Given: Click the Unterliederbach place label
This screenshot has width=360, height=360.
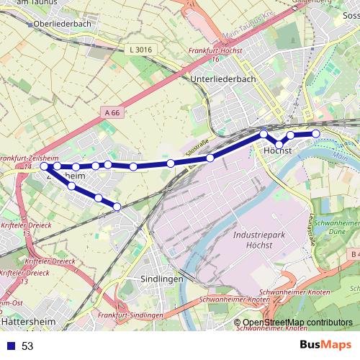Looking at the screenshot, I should [223, 80].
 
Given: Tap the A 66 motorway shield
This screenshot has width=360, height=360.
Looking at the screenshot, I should [112, 113].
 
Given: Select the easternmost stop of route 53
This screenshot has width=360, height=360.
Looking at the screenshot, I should [315, 133].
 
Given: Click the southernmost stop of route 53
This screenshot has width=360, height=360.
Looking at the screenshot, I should [117, 207].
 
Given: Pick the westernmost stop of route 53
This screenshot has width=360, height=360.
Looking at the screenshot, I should [45, 166].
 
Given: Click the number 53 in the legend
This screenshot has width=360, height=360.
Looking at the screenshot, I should [27, 346].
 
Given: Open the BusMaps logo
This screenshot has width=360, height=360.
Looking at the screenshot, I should [325, 345].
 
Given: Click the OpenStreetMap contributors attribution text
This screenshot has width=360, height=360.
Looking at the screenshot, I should [297, 323].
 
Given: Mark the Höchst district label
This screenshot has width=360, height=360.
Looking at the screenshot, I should [277, 151].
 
